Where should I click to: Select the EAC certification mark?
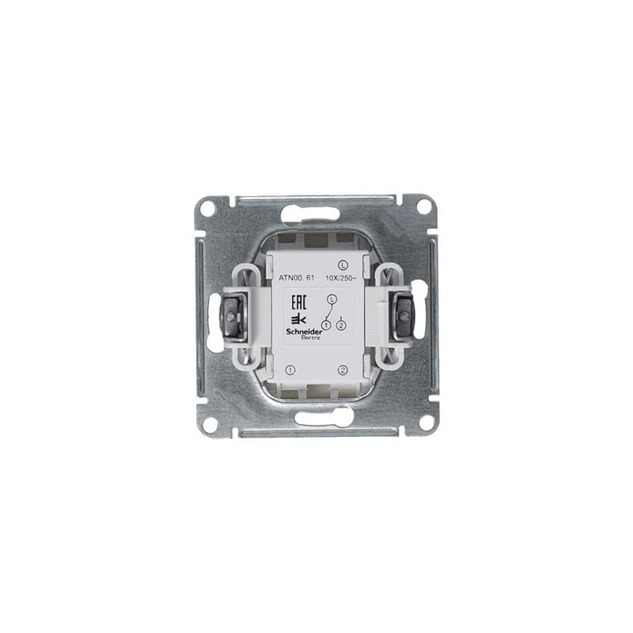click(299, 301)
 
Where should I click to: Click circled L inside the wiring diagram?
click(332, 298)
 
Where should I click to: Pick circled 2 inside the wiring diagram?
click(341, 325)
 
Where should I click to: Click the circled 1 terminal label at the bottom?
click(290, 370)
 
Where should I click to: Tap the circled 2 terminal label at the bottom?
click(342, 370)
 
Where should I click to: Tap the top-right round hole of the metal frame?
click(424, 207)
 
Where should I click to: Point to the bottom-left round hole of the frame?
click(209, 423)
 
